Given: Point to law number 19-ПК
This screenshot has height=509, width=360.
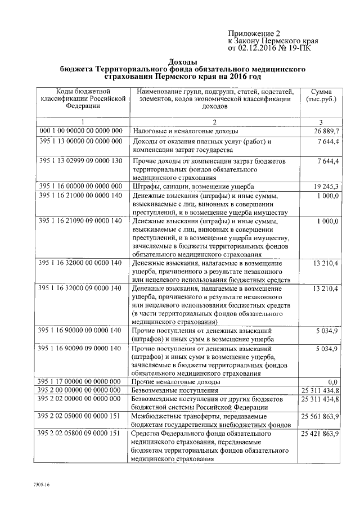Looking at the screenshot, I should [x=300, y=49].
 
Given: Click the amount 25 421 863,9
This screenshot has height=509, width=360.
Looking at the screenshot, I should [x=319, y=434].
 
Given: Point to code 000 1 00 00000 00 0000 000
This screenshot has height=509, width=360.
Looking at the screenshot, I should [x=81, y=130].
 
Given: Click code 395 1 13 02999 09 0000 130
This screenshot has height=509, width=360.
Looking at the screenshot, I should [x=81, y=161].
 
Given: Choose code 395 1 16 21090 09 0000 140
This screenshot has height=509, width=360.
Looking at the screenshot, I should [x=81, y=221].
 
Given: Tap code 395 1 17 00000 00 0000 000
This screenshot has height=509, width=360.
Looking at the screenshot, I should [x=81, y=381].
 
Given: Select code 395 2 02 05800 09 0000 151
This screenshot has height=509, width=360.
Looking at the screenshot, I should [x=81, y=434].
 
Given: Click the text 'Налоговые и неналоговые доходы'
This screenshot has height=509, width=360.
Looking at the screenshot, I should [x=186, y=131].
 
